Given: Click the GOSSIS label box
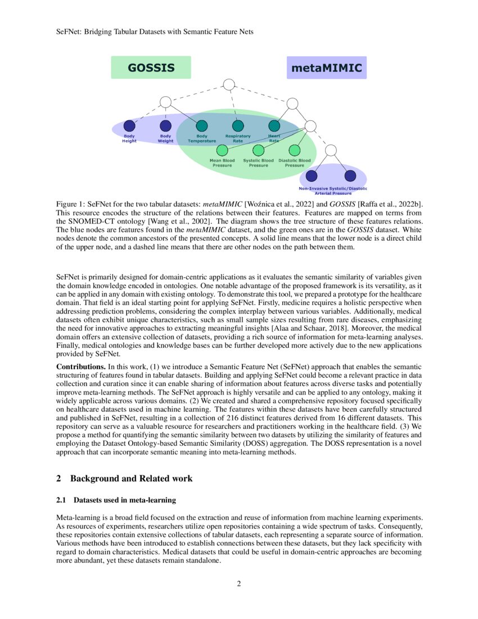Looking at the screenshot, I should point(151,68).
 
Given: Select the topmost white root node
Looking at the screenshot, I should point(229,84).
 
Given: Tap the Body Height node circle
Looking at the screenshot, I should point(129,125).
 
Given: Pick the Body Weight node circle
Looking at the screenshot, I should point(165,125).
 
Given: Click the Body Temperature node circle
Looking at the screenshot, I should point(202,125).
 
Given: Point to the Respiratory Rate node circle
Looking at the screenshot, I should point(238,125).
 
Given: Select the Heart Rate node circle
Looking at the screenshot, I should point(274,125).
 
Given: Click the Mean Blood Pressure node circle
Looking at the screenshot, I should point(222,150).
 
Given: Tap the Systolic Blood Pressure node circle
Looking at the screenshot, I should point(258,150).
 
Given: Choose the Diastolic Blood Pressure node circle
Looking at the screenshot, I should point(294,150).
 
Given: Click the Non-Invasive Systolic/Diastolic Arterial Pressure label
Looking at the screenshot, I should point(332,191).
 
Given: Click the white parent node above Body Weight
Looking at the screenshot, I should point(165,102).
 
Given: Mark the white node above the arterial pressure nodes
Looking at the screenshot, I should point(331,150).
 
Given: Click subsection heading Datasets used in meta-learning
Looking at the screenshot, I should point(116,500).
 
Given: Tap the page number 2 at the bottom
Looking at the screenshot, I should point(239,584).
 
